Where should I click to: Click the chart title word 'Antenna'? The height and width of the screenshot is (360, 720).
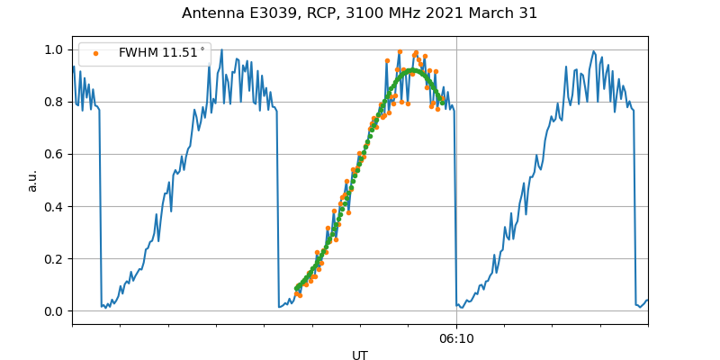pos(210,13)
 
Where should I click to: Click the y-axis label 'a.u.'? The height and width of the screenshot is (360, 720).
pos(32,180)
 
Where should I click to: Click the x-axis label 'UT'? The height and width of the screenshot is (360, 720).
pos(360,355)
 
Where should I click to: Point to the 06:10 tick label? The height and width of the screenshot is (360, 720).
pos(456,338)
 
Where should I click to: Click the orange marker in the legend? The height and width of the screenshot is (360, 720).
pos(95,53)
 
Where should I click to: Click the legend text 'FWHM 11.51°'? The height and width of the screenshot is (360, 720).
pos(161,53)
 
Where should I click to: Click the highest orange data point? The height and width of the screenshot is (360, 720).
pos(400,51)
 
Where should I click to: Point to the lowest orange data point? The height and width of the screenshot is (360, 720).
pos(300,295)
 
